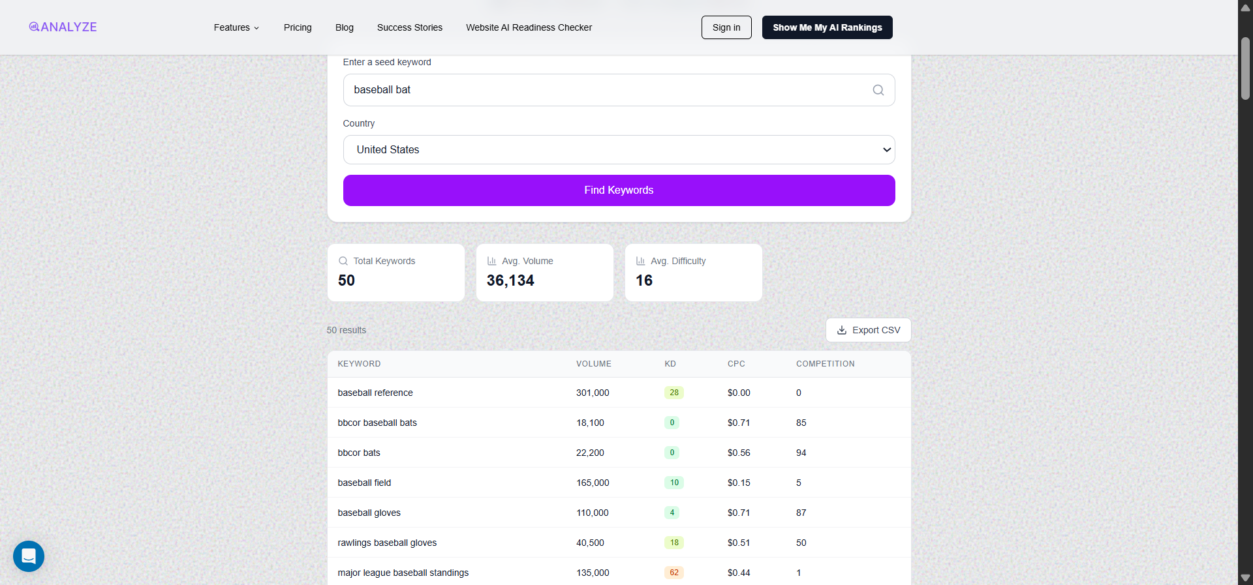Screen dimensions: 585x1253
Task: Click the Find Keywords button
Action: (619, 190)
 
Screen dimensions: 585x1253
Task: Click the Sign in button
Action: (726, 27)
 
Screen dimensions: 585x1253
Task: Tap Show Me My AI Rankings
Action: (827, 27)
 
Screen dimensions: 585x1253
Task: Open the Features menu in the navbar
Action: (236, 27)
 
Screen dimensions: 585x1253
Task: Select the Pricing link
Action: (298, 27)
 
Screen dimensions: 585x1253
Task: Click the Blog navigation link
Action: (344, 27)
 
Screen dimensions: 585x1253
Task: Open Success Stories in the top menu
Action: (409, 27)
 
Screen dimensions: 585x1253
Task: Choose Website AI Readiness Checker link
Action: (529, 27)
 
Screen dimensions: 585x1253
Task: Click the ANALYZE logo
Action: (63, 27)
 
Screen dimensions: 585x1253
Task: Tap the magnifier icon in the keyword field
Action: (878, 90)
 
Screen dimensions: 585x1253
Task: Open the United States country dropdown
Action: (619, 150)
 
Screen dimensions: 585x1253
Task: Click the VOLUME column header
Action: (593, 364)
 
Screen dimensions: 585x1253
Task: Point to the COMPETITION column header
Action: (825, 364)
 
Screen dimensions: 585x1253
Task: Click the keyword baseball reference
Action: (375, 393)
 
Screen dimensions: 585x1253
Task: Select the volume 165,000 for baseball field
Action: (593, 483)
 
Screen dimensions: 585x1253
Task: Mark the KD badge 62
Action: (674, 573)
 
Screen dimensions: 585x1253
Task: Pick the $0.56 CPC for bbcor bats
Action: (739, 453)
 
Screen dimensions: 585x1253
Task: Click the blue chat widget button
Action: (29, 556)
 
